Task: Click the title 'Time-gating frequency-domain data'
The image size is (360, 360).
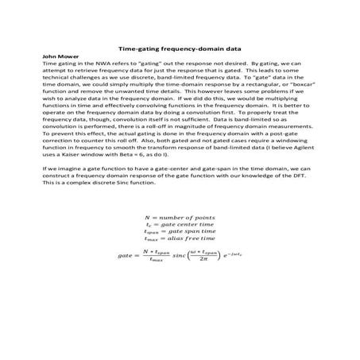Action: [x=179, y=47]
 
